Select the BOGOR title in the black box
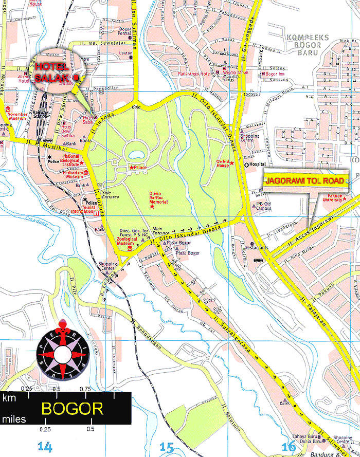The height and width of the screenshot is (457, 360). (72, 409)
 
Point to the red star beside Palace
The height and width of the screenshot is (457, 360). (131, 168)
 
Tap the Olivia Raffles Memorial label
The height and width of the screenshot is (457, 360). (159, 198)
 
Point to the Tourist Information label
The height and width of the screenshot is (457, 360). (82, 208)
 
